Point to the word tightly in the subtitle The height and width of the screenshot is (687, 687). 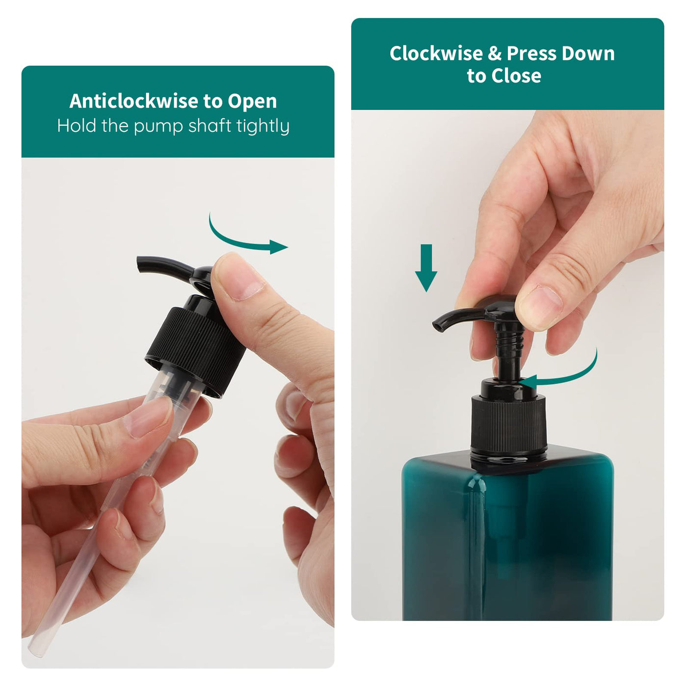pyautogui.click(x=263, y=126)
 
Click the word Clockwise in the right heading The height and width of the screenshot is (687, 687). pyautogui.click(x=436, y=53)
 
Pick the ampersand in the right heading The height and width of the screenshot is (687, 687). pyautogui.click(x=495, y=53)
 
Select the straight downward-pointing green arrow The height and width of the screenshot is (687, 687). pyautogui.click(x=426, y=268)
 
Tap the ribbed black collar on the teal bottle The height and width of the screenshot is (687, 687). pyautogui.click(x=509, y=424)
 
